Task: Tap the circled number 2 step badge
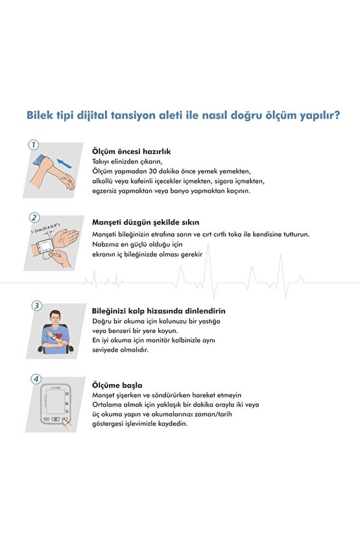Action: click(34, 218)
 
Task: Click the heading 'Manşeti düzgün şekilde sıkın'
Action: click(145, 223)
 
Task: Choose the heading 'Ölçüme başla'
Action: click(117, 385)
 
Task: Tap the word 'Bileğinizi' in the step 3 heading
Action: click(111, 311)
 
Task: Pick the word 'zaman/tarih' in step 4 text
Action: click(234, 414)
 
